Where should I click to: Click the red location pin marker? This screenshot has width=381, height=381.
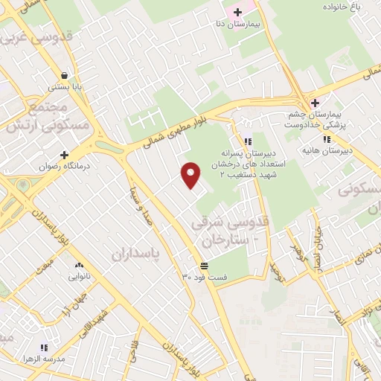pos(191,175)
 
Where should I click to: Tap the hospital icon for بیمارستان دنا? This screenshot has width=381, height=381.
pos(237,12)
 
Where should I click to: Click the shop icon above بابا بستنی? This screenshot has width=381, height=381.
pos(65,75)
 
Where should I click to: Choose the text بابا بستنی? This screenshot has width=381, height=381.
pos(65,87)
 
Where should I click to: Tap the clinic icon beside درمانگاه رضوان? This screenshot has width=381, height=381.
pos(64,154)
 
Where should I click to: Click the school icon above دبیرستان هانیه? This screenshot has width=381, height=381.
pos(326,139)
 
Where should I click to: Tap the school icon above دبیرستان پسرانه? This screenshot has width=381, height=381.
pos(248,141)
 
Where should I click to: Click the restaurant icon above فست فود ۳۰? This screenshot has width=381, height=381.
pos(203,266)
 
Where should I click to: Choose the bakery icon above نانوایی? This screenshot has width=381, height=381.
pos(78,265)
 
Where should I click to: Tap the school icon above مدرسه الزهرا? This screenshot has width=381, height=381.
pos(43,347)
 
